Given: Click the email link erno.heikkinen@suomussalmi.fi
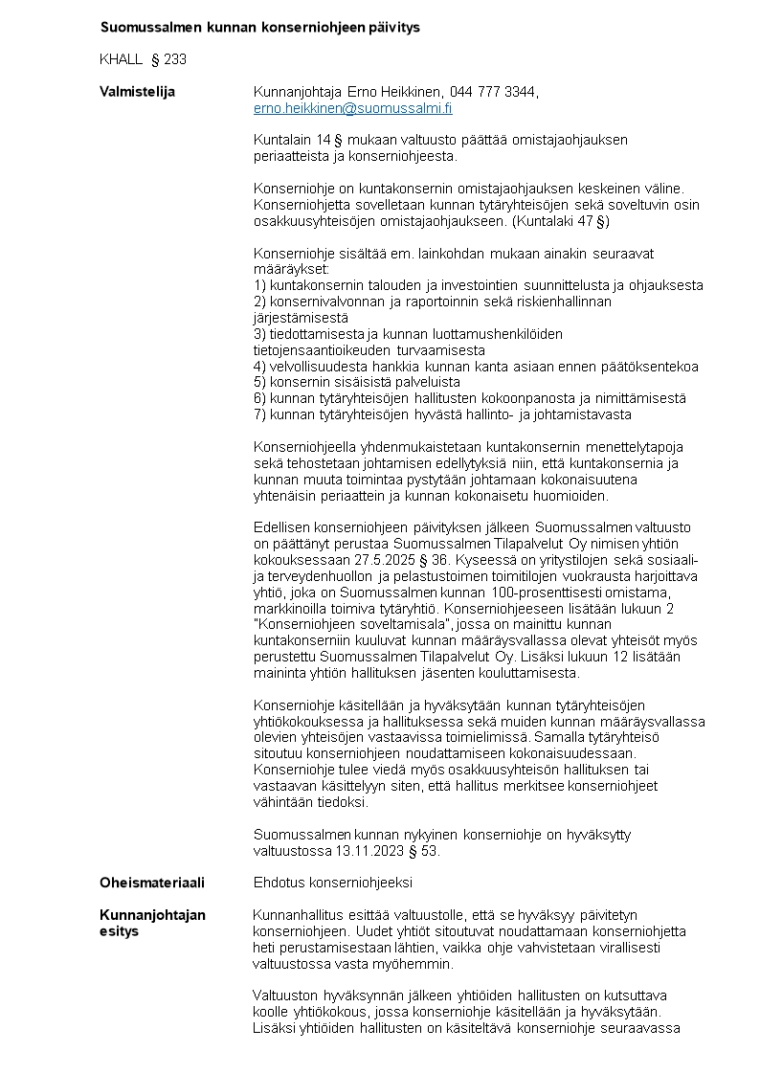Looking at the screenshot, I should [x=352, y=109].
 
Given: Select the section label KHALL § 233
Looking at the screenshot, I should [x=143, y=59].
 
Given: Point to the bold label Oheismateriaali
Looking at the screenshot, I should [x=152, y=883].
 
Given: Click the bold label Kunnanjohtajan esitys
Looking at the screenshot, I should [x=152, y=923].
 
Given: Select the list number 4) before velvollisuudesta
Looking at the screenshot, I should [x=259, y=367].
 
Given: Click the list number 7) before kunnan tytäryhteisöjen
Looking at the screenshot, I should [x=259, y=414].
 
